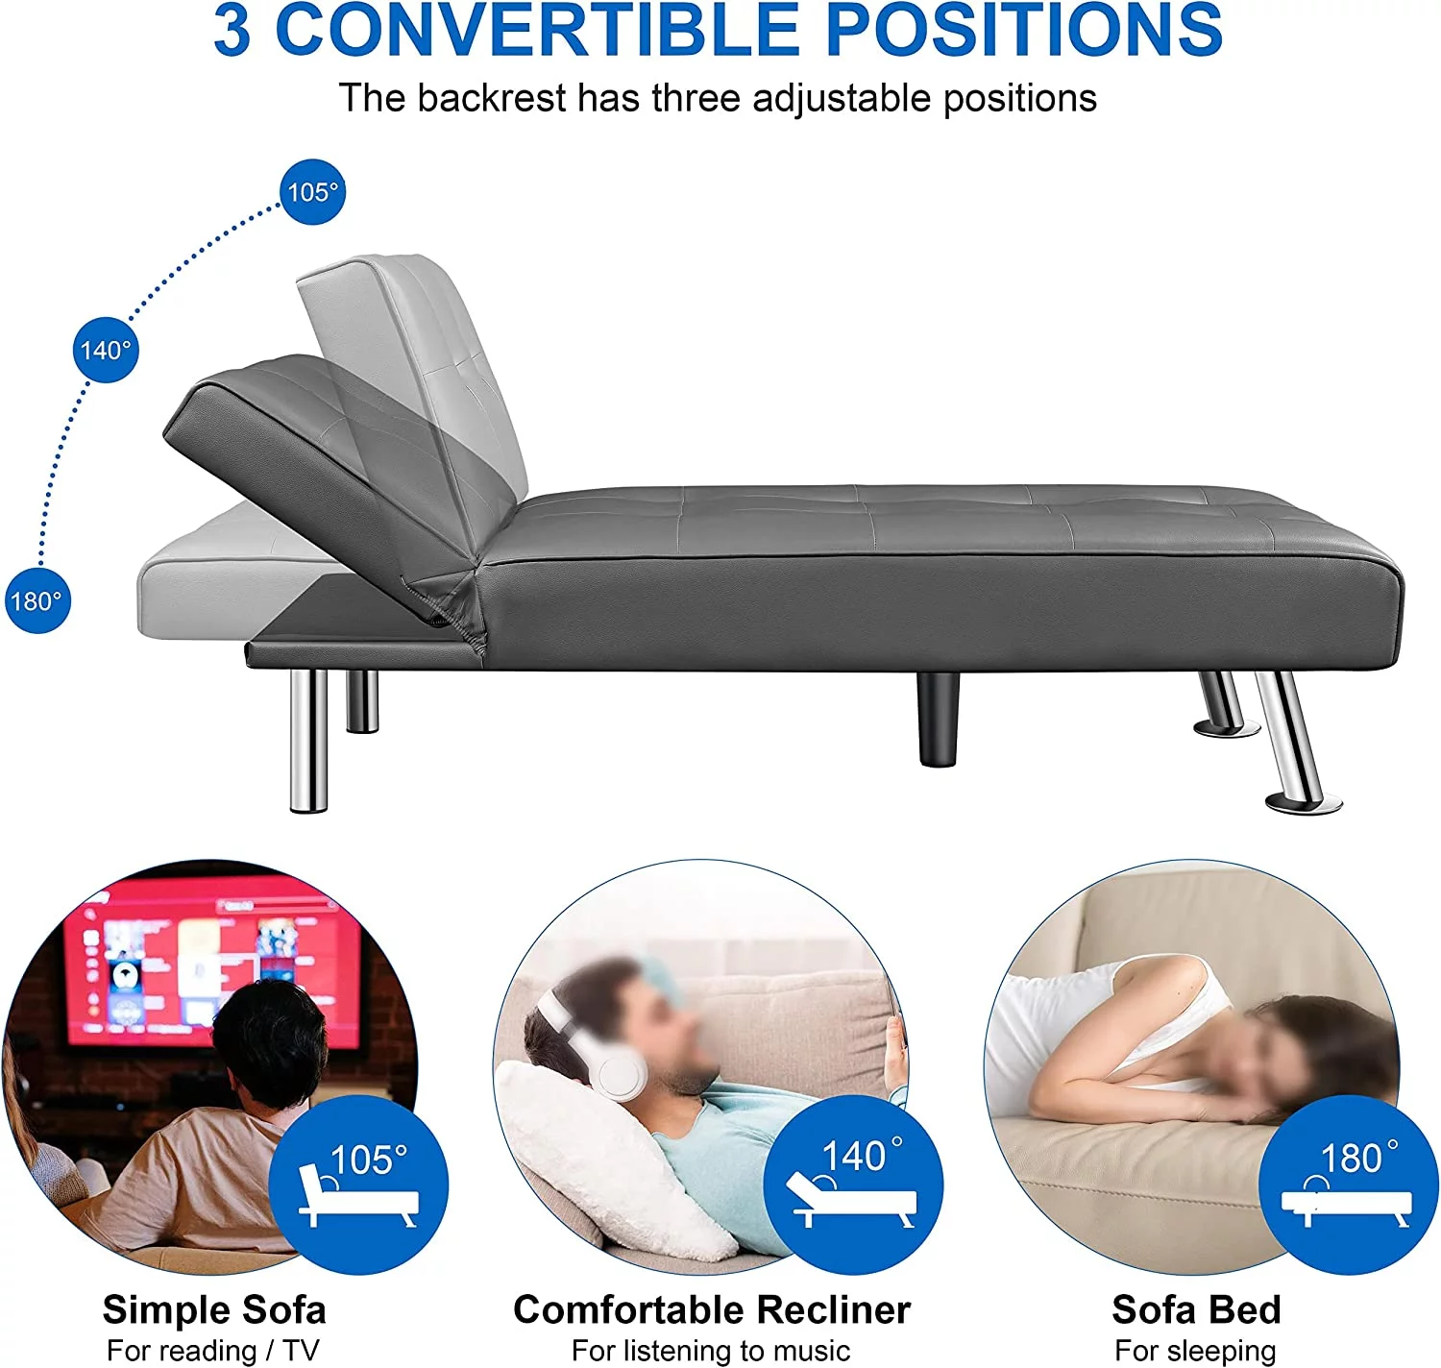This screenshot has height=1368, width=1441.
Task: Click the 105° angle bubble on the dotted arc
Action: point(312,192)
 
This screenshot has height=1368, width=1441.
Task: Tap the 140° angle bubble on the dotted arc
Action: point(106,350)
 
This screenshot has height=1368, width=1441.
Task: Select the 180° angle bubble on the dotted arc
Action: point(37,600)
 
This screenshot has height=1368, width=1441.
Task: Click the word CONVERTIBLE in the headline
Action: point(536,31)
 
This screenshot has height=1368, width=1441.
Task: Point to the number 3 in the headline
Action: point(232,31)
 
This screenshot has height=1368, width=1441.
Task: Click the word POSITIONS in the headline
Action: point(1025,31)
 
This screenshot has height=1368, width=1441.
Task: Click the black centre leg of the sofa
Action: point(939,719)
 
